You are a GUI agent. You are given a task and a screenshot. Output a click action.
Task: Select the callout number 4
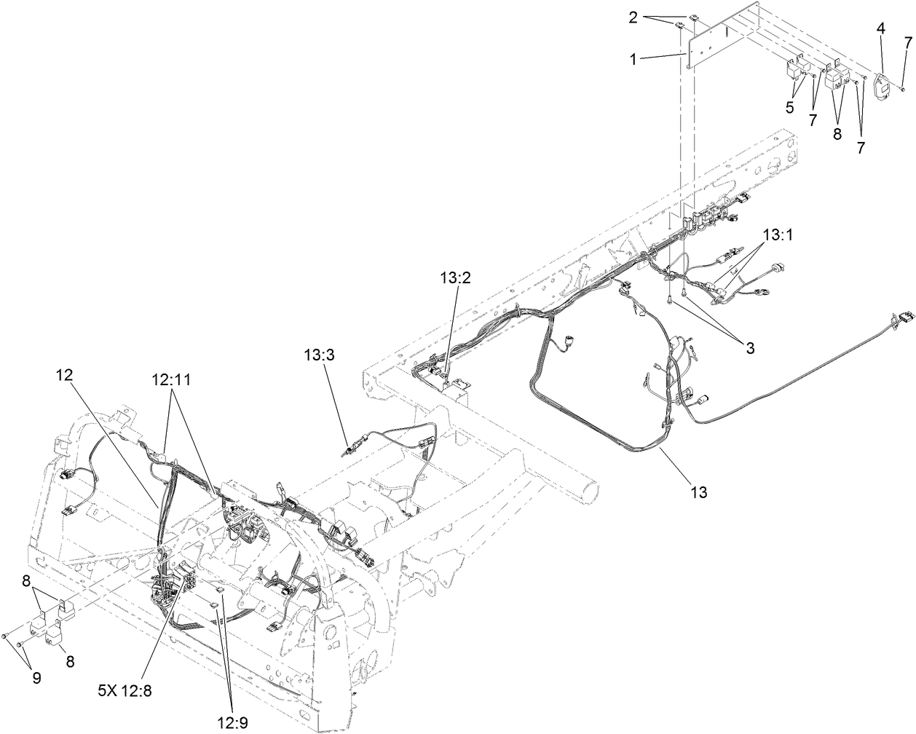(x=881, y=28)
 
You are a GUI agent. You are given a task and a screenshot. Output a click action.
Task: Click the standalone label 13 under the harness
(x=698, y=492)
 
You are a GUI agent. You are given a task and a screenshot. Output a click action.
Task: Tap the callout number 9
(x=34, y=677)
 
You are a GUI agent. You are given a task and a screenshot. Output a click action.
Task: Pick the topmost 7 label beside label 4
(x=907, y=44)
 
